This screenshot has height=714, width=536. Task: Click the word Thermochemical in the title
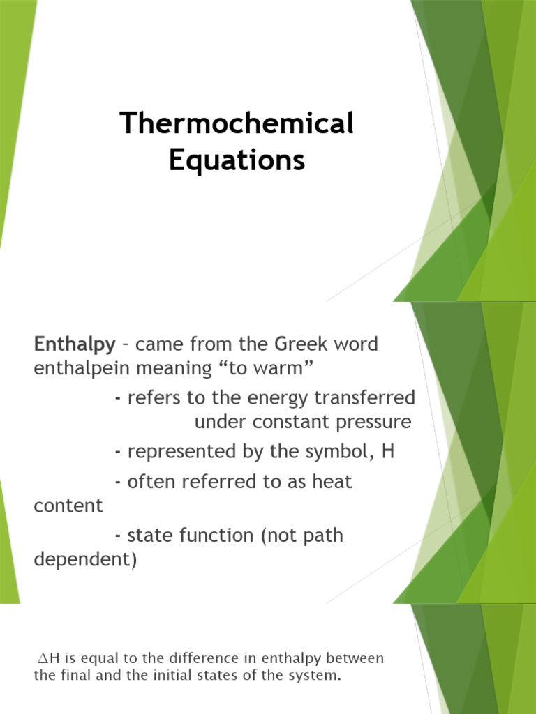(x=237, y=125)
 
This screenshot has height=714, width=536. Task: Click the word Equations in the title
(x=237, y=160)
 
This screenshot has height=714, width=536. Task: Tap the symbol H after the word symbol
(x=388, y=451)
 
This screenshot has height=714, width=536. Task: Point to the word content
(x=68, y=506)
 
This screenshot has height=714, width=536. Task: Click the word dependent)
(x=85, y=560)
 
